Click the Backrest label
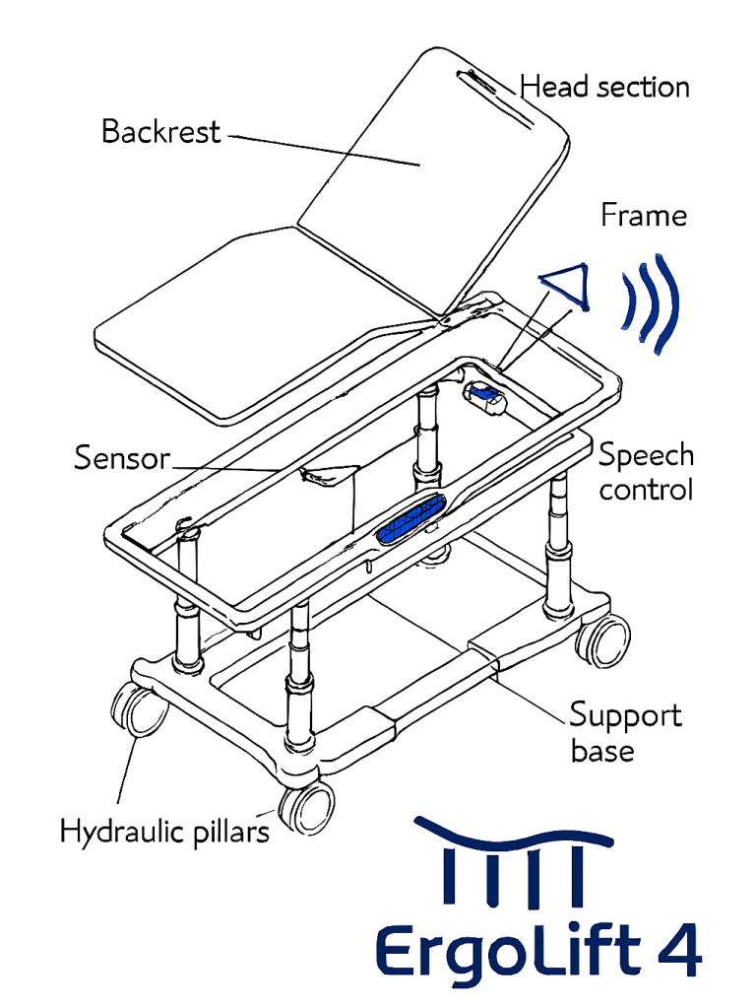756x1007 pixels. point(160,131)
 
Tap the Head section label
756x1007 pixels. point(604,87)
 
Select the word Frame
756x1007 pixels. point(644,215)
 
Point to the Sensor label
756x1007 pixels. point(122,458)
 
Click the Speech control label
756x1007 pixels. point(646,472)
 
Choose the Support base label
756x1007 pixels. point(625,732)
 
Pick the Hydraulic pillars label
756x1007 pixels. point(164,832)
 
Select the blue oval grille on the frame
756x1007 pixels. point(413,519)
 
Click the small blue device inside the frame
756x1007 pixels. point(486,396)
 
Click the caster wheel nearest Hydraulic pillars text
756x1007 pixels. point(307,807)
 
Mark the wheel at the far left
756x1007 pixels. point(137,708)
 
